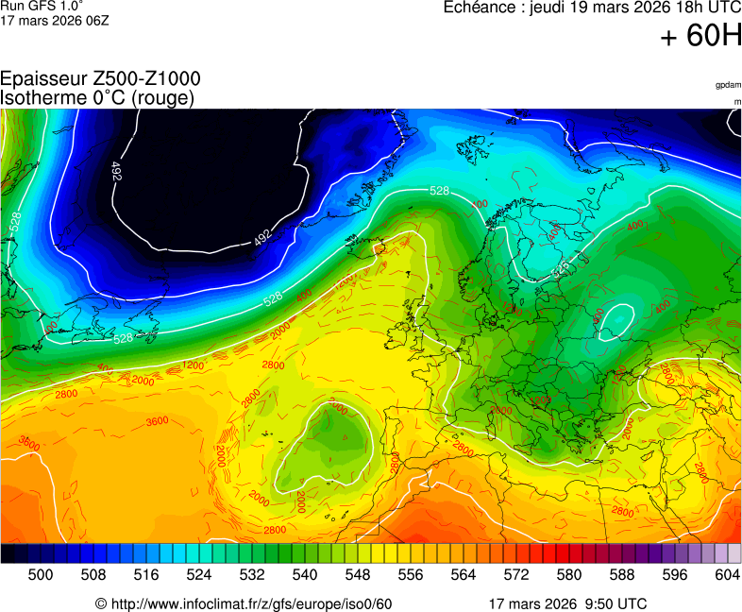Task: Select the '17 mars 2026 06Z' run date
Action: pyautogui.click(x=55, y=20)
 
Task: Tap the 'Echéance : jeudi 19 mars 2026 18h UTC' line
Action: pyautogui.click(x=593, y=8)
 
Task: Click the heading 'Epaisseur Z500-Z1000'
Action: pyautogui.click(x=100, y=79)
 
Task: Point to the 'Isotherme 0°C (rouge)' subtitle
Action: pyautogui.click(x=98, y=97)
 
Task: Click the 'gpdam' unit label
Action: pyautogui.click(x=728, y=85)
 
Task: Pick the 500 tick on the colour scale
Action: pyautogui.click(x=41, y=574)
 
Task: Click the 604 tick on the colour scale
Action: pyautogui.click(x=727, y=574)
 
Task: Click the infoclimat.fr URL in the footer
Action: pyautogui.click(x=244, y=603)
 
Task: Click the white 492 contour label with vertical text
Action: pyautogui.click(x=116, y=171)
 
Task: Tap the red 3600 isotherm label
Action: pyautogui.click(x=158, y=421)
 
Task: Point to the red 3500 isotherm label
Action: pyautogui.click(x=29, y=442)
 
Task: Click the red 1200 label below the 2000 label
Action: pyautogui.click(x=193, y=365)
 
